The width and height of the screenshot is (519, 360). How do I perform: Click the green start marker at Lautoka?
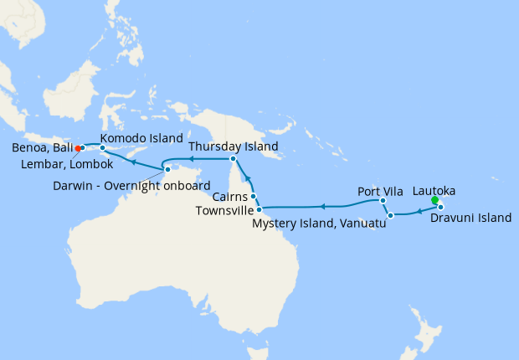tap(434, 200)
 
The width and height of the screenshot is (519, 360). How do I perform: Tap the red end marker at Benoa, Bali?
tap(78, 149)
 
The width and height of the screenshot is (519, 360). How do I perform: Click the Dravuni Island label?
tap(470, 219)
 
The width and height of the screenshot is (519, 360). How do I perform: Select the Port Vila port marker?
tap(383, 201)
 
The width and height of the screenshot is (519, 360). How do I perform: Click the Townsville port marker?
tap(259, 208)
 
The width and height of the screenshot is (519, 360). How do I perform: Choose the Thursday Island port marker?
tap(233, 158)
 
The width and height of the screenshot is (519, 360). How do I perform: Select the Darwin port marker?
tap(167, 172)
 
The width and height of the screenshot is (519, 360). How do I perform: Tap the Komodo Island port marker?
tap(103, 149)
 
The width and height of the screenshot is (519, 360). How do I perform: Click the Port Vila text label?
tap(381, 190)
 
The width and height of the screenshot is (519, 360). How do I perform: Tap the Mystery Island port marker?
tap(390, 216)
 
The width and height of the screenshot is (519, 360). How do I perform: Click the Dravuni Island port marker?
tap(440, 206)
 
